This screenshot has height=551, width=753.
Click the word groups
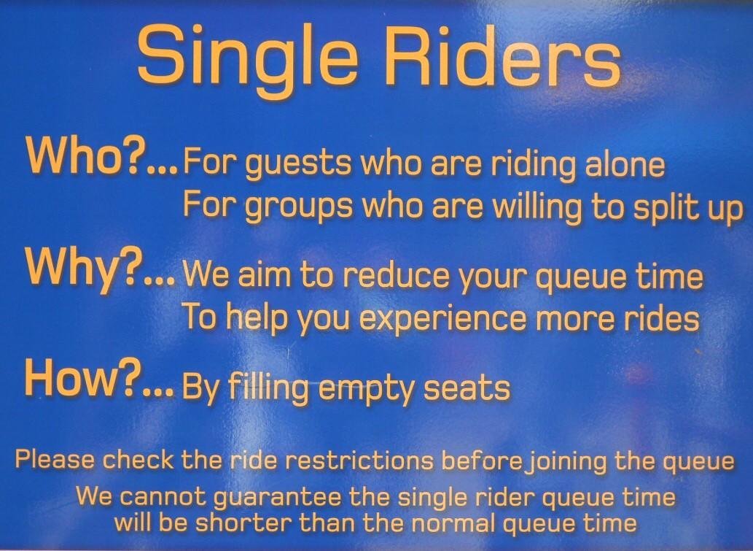pos(299,207)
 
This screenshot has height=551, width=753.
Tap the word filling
pos(268,388)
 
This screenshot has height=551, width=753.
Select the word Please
pos(55,459)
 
